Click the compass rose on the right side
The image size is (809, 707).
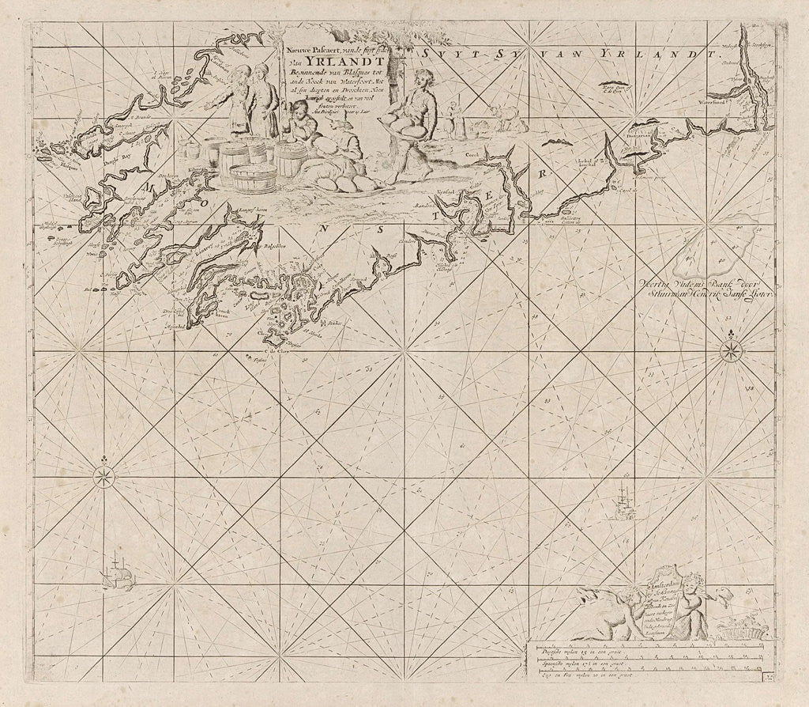(732, 350)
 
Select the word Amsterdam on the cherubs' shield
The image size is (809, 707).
(663, 587)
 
